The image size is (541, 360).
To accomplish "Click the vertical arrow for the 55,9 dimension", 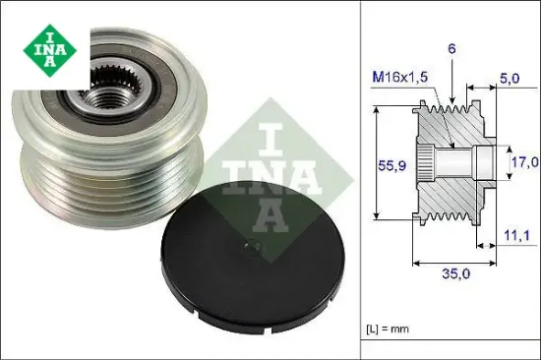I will pyautogui.click(x=377, y=161).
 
